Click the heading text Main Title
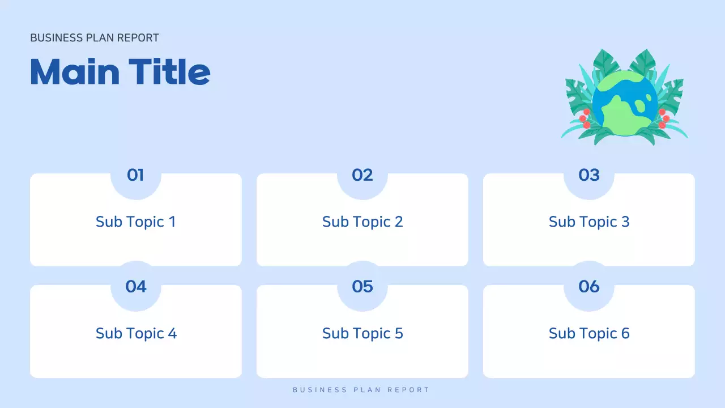(120, 72)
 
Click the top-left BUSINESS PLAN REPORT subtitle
(95, 38)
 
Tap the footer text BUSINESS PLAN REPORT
(361, 390)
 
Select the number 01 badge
(135, 175)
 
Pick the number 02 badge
(362, 175)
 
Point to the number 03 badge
(589, 175)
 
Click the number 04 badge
(136, 287)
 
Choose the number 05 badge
(362, 287)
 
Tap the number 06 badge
(589, 287)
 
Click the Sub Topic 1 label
(136, 222)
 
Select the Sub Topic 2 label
(362, 222)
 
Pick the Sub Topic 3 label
(589, 222)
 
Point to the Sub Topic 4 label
(136, 333)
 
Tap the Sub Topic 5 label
(362, 333)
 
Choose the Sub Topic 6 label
(589, 333)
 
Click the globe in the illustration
(625, 103)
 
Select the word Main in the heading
(75, 72)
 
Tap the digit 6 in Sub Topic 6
(625, 333)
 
